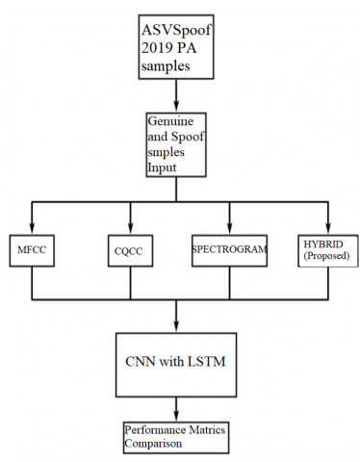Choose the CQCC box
(129, 252)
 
